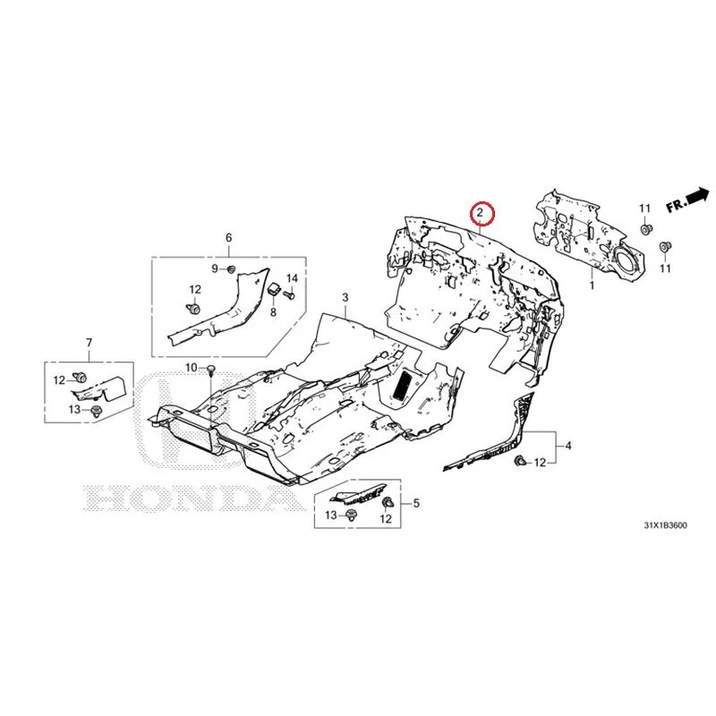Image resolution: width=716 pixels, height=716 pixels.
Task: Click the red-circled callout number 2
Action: tap(480, 212)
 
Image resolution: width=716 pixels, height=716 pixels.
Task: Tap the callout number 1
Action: tap(592, 286)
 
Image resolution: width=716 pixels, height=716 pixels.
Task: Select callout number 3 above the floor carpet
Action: tap(345, 298)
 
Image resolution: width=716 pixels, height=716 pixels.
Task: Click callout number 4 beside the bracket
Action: tap(568, 446)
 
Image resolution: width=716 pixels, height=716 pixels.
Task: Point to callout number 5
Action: tap(416, 503)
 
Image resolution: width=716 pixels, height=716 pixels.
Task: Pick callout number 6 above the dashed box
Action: tap(229, 237)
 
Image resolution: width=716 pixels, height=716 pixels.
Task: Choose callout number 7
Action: tap(89, 343)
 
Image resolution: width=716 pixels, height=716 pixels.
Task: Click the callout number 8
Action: tap(273, 312)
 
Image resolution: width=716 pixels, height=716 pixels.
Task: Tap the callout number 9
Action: tap(215, 269)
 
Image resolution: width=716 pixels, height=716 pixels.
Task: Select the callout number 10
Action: tap(191, 368)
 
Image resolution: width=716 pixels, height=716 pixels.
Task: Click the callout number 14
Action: tap(292, 278)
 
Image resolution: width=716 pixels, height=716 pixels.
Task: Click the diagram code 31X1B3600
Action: tap(665, 525)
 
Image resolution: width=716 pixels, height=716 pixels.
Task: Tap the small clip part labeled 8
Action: tap(275, 288)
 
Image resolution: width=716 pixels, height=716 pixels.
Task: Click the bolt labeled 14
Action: tap(289, 295)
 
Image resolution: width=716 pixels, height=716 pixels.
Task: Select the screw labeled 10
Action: tap(211, 371)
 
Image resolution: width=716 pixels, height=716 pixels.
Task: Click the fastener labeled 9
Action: tap(231, 269)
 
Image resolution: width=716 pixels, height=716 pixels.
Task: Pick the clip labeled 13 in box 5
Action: tap(352, 516)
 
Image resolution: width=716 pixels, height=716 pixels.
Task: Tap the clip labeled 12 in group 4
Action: tap(520, 461)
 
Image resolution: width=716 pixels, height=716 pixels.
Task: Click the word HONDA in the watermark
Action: tap(191, 499)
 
